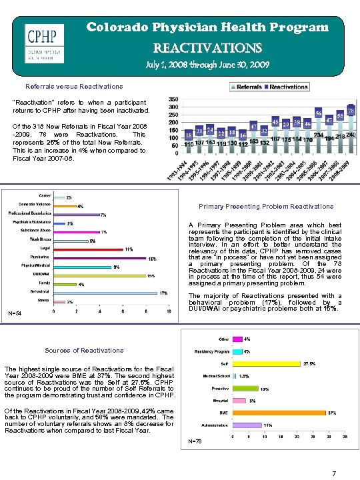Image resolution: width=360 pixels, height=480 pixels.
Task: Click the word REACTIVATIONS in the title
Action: pyautogui.click(x=208, y=48)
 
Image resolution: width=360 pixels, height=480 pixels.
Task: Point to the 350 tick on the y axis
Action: pyautogui.click(x=173, y=99)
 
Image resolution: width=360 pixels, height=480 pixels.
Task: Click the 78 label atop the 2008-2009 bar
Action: pyautogui.click(x=351, y=109)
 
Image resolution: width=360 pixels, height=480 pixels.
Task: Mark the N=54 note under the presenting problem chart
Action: pyautogui.click(x=15, y=314)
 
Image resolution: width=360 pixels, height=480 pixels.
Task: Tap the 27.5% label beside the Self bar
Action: pyautogui.click(x=309, y=364)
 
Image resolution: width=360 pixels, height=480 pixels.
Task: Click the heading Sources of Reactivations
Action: pyautogui.click(x=83, y=350)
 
